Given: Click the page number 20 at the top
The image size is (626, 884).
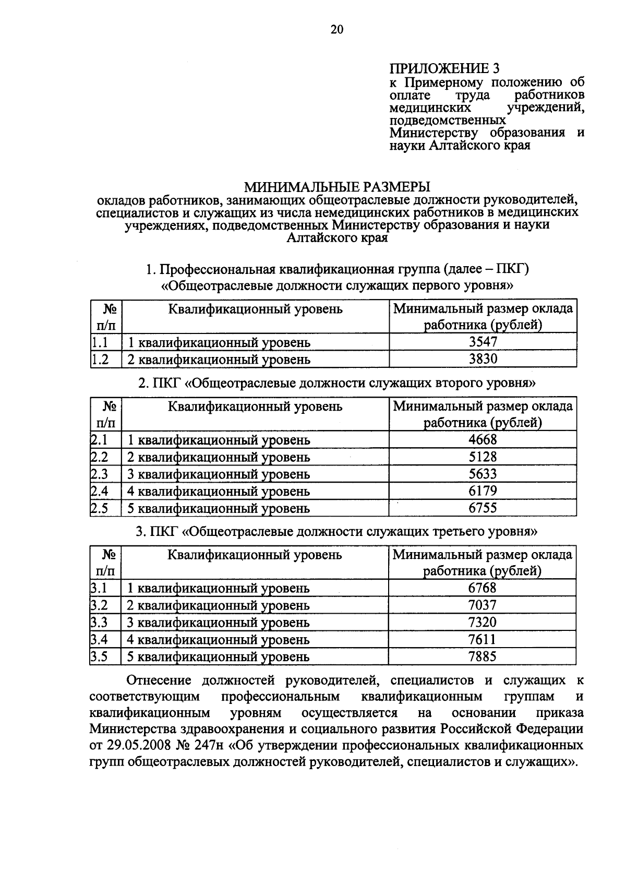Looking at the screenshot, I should [x=337, y=30].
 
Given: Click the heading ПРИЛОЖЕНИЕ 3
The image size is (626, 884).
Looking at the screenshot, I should [x=444, y=68].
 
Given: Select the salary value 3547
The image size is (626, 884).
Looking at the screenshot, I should [x=483, y=342].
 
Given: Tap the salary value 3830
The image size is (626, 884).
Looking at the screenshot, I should [x=483, y=359].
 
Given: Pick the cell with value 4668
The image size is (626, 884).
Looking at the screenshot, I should [x=483, y=439].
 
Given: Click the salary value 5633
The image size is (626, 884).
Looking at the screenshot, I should [x=483, y=474].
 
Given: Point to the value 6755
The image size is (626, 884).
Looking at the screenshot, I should [x=483, y=508].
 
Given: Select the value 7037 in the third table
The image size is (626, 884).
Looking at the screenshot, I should [x=483, y=605].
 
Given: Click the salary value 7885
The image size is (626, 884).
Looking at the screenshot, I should [x=483, y=656].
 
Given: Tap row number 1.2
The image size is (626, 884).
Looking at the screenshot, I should [x=100, y=359].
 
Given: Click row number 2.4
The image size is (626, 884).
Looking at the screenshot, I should [x=99, y=491].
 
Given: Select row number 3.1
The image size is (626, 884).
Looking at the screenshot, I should [x=99, y=588].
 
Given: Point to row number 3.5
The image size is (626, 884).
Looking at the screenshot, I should [x=99, y=656].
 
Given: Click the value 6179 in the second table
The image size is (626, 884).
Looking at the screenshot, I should [x=483, y=491].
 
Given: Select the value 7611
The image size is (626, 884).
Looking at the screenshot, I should [x=483, y=639].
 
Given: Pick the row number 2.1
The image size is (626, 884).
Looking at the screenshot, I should [x=99, y=439].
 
